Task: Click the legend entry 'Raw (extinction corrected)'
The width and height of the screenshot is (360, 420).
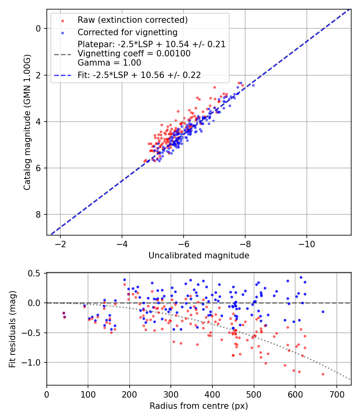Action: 132,20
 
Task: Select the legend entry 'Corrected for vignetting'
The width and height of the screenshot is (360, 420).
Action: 127,32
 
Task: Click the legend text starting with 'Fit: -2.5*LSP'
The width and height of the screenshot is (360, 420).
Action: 139,75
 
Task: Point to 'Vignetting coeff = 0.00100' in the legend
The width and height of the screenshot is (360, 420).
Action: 134,54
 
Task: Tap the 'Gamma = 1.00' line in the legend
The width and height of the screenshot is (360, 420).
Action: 109,63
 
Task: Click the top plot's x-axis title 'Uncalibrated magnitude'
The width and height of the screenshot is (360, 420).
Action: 199,256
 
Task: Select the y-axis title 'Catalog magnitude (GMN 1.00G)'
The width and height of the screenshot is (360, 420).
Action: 27,122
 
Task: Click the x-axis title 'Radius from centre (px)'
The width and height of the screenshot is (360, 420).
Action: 199,406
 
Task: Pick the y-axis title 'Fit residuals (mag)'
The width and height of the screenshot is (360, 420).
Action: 12,329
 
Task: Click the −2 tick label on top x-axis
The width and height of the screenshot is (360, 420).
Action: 60,244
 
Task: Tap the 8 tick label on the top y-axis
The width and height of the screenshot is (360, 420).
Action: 39,215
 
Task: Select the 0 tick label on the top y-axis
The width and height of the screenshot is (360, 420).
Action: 39,28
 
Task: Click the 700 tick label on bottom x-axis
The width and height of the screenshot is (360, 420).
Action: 336,394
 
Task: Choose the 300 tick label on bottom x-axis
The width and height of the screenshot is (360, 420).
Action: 171,394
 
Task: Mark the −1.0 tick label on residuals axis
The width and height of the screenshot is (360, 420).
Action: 33,362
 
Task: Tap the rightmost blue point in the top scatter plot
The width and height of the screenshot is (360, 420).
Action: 253,85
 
